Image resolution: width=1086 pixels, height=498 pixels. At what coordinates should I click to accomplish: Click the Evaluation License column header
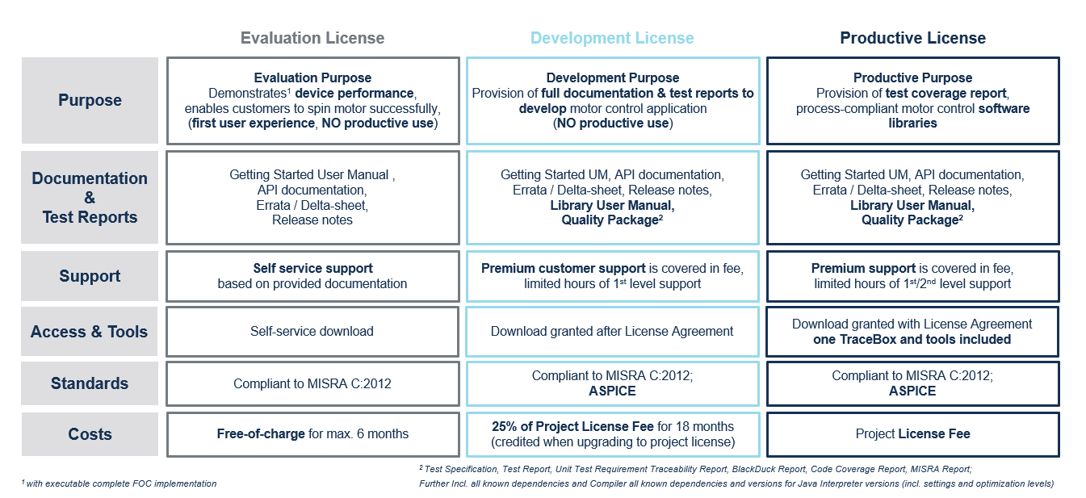tap(312, 38)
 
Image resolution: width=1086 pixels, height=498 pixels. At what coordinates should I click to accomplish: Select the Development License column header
tap(612, 38)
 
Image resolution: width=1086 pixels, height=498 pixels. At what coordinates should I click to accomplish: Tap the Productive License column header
tap(912, 38)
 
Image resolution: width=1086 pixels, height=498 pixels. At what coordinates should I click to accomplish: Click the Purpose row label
tap(90, 100)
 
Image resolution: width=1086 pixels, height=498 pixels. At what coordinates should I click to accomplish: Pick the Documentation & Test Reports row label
tap(90, 198)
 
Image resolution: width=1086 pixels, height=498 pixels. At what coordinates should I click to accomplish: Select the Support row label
tap(90, 276)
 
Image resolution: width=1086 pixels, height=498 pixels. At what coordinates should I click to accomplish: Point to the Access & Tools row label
tap(90, 332)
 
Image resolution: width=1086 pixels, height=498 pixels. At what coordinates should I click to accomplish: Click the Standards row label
tap(90, 383)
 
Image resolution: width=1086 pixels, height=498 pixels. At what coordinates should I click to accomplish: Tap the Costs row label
tap(90, 434)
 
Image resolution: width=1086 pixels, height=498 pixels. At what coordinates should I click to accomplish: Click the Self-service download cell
tap(312, 332)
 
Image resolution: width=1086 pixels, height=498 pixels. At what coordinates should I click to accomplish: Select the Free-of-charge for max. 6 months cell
tap(312, 434)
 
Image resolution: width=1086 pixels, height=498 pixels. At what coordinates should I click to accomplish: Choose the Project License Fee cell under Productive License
tap(913, 434)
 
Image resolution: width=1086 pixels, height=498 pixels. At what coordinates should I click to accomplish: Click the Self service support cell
tap(312, 276)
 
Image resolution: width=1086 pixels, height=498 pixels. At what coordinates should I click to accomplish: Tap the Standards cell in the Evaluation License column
tap(312, 383)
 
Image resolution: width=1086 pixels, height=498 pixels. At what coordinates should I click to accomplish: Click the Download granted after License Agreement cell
tap(612, 332)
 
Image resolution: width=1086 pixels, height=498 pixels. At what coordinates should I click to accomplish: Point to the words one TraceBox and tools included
tap(912, 340)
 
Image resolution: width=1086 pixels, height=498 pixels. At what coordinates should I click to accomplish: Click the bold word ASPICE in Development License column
tap(612, 391)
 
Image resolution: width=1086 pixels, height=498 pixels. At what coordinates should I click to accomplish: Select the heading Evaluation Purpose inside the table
tap(312, 77)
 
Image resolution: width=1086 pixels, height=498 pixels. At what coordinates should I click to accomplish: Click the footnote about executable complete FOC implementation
tap(120, 483)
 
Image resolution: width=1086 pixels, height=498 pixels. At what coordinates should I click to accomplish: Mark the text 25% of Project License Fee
tap(572, 426)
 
